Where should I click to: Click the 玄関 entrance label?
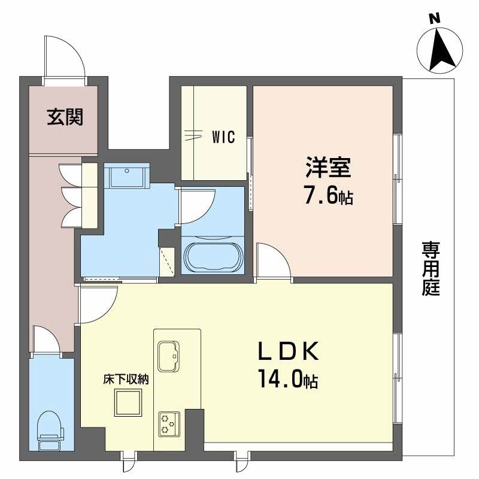pos(65,117)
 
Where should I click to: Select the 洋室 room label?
pos(328,167)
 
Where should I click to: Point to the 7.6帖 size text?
pos(328,195)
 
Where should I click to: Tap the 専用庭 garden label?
pos(431,268)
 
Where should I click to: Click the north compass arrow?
pos(440,50)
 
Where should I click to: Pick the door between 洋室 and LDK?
pos(272,263)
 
